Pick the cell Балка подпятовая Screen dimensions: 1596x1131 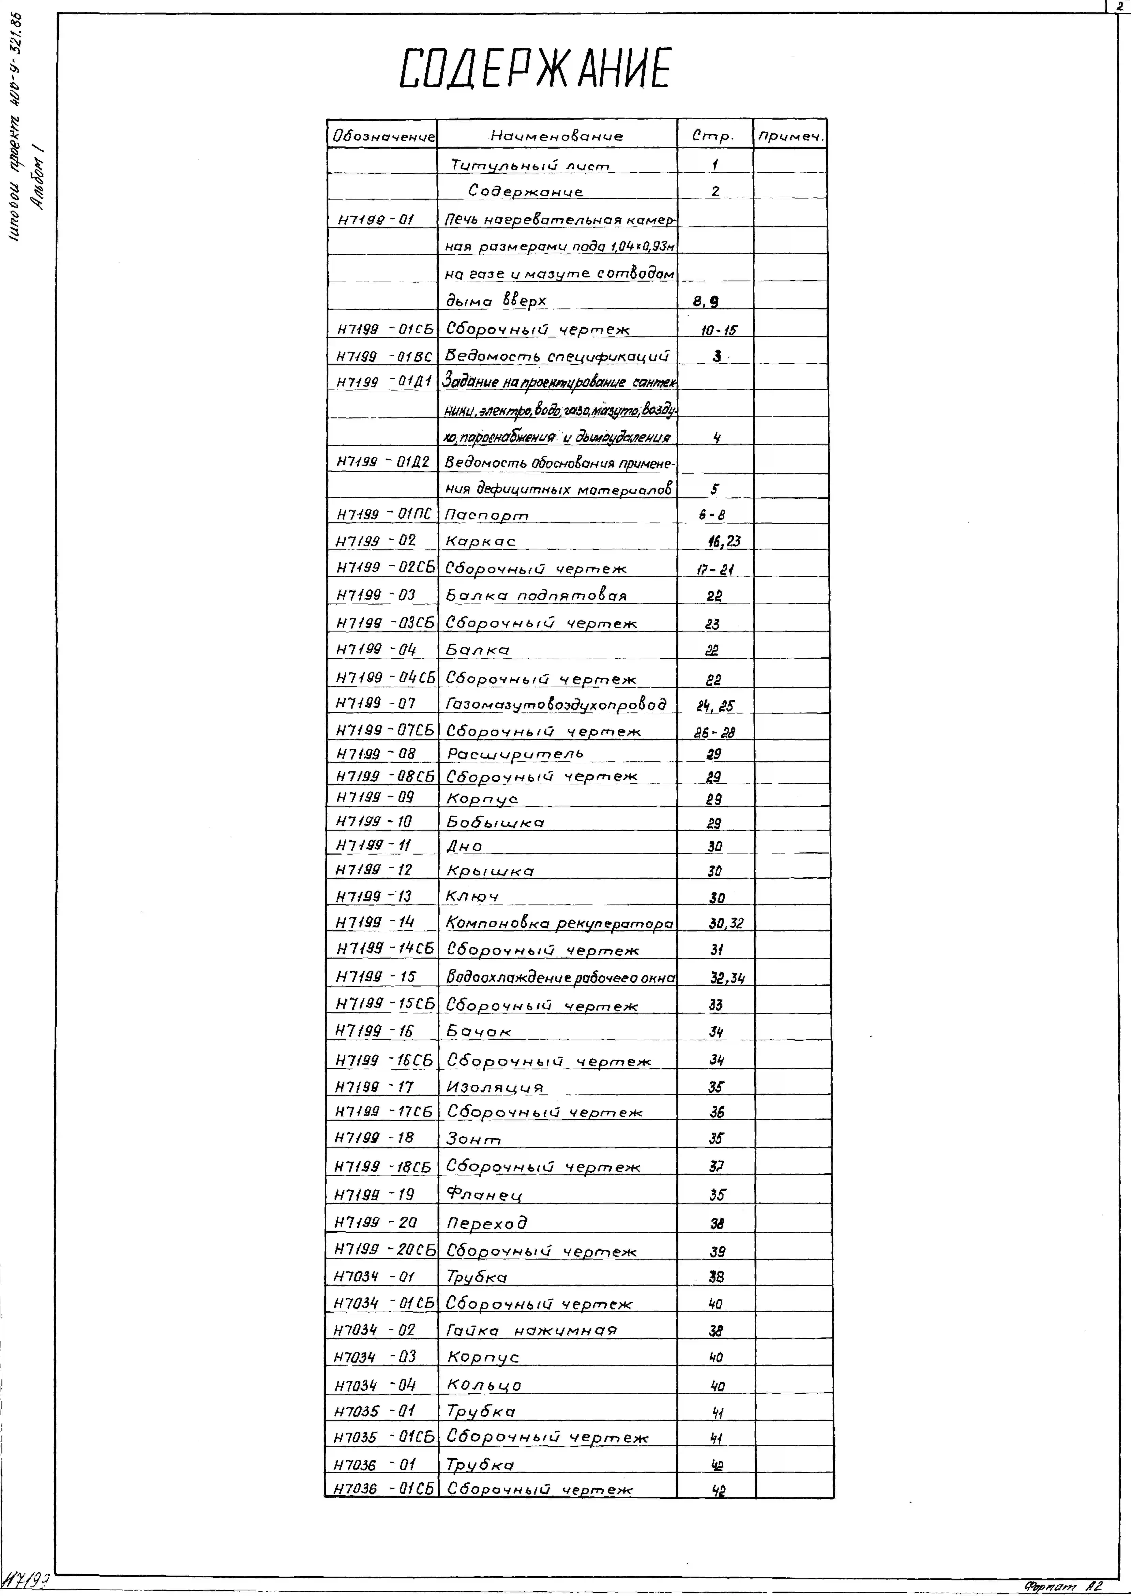pos(536,595)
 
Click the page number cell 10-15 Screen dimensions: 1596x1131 pos(717,329)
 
